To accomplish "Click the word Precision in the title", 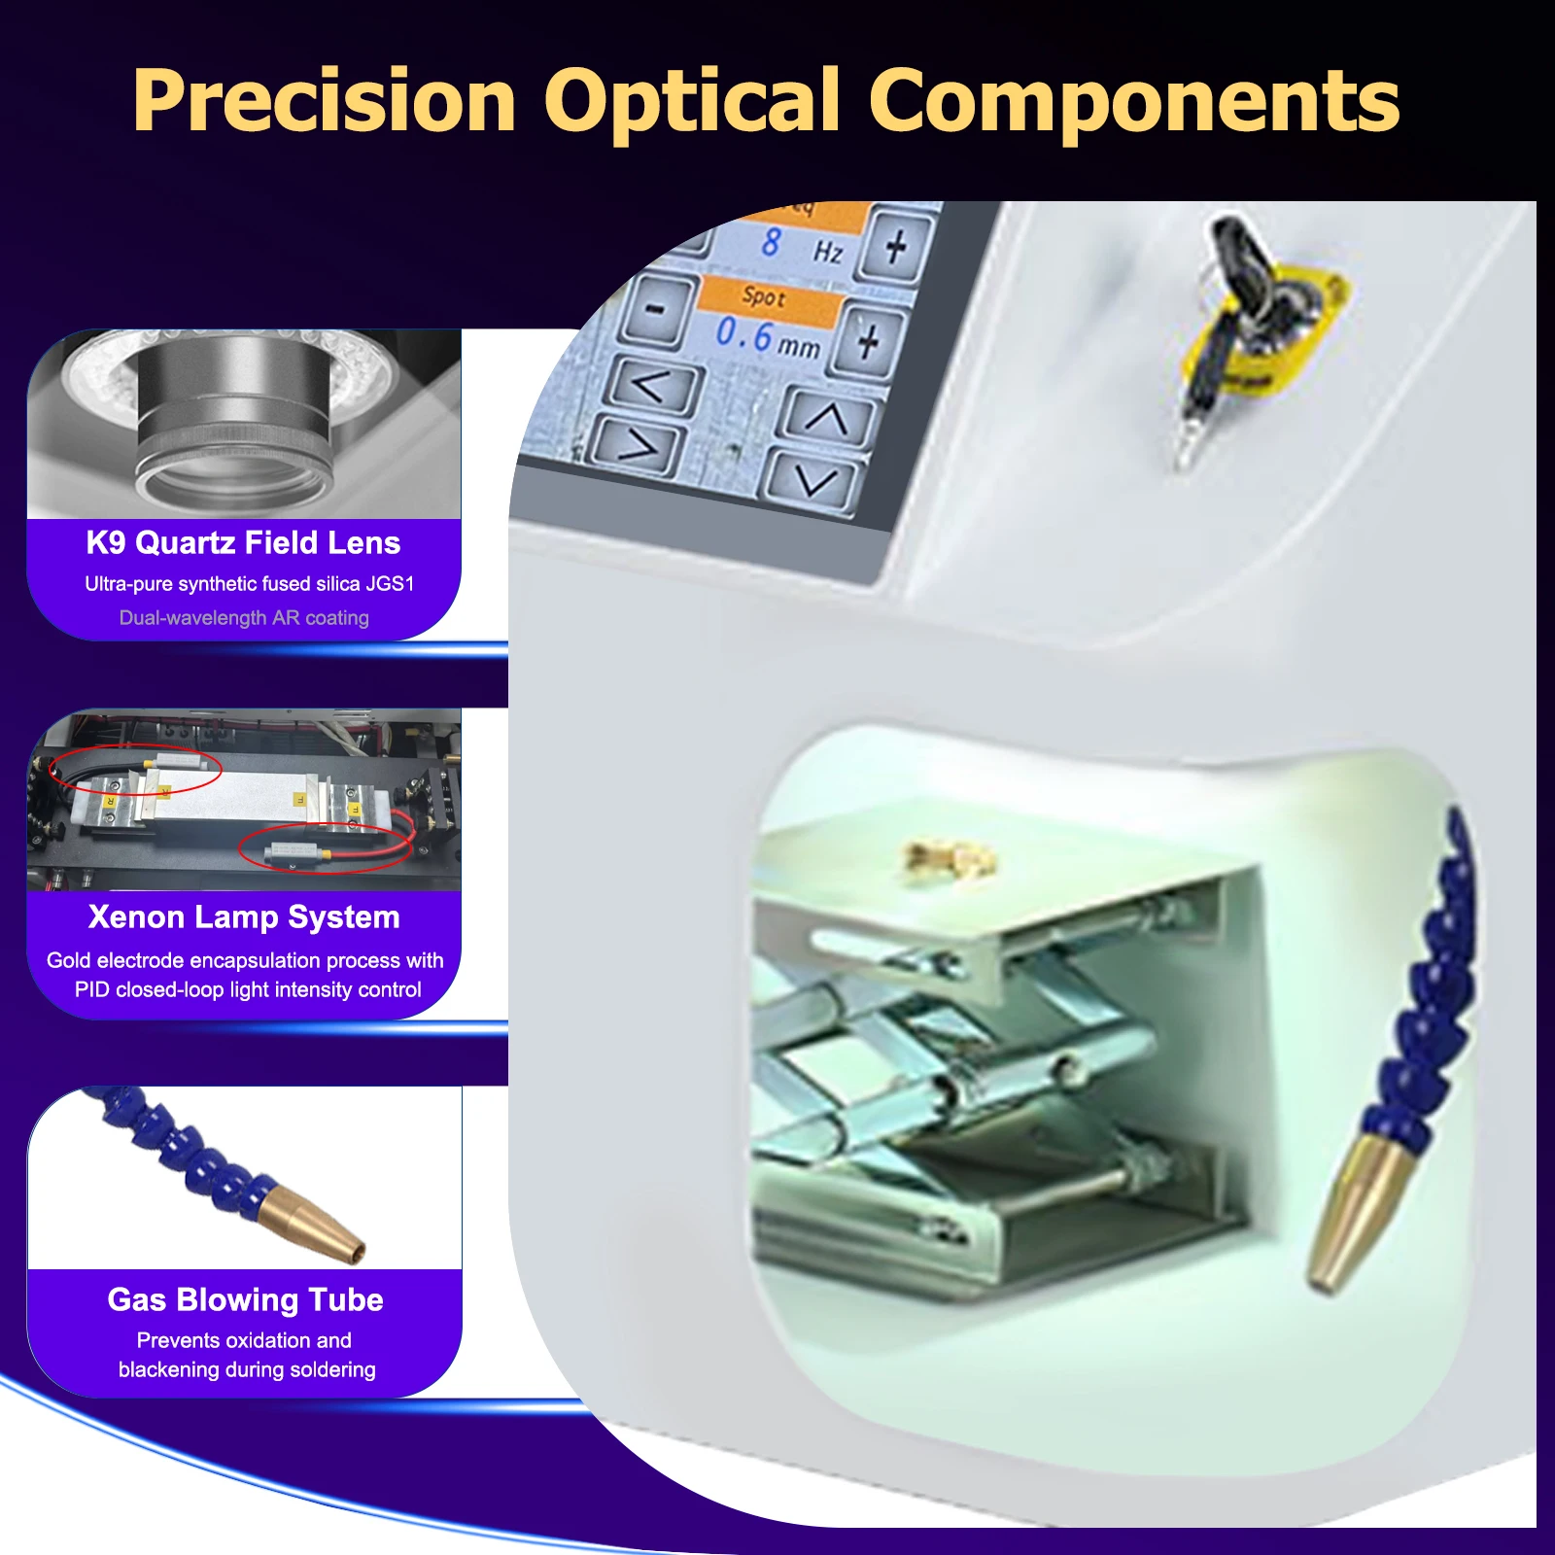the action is pos(325,101).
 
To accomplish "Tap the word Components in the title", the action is pos(1133,101).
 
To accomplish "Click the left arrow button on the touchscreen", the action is pos(651,386).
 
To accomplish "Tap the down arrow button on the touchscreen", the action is pos(813,478).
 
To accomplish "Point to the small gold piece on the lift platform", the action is pos(948,857).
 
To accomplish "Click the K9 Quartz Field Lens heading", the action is pos(243,542).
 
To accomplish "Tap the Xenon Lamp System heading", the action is pos(244,916).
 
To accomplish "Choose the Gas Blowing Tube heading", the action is pos(245,1299).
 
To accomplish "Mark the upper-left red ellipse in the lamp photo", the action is pos(136,770).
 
